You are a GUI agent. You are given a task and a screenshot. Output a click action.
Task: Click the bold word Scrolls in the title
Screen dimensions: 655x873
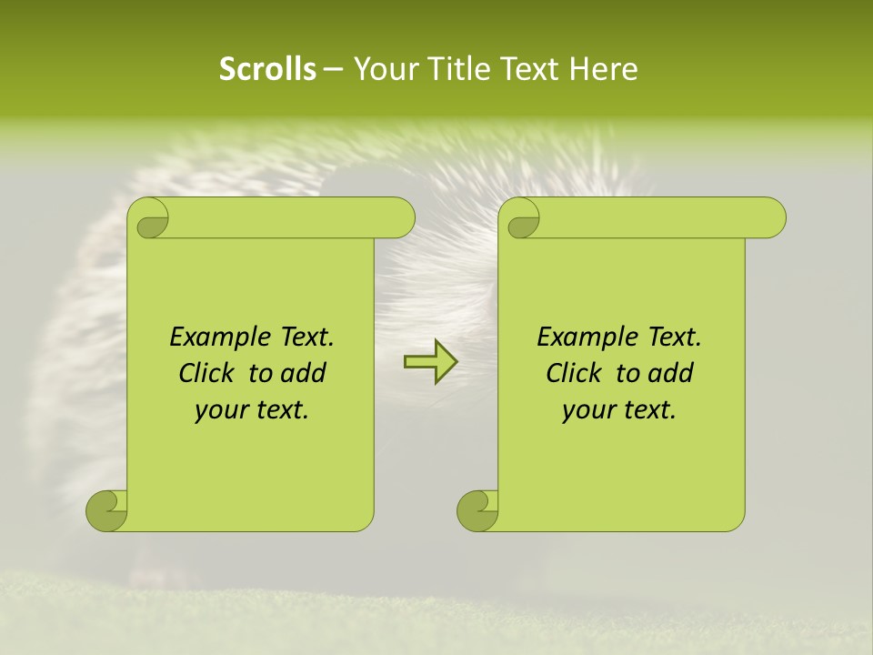tap(267, 68)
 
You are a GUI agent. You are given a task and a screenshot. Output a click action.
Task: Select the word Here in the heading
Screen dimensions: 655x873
tap(603, 68)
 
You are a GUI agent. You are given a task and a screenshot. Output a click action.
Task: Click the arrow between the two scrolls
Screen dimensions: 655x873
tap(430, 362)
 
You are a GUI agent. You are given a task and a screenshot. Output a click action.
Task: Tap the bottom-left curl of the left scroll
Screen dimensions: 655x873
tap(106, 510)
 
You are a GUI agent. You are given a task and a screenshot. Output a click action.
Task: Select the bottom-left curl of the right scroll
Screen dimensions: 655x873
tap(477, 510)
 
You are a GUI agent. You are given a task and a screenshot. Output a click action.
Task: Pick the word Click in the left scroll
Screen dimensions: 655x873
tap(206, 373)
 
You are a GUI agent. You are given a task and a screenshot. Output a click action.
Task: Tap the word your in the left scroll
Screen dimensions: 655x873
tap(220, 410)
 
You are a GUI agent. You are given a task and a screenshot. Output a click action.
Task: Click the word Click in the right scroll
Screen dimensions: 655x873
tap(574, 373)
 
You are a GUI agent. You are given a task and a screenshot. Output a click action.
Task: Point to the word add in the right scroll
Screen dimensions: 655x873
tap(672, 373)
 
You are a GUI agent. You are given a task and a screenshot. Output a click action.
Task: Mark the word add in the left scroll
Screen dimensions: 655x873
tap(305, 373)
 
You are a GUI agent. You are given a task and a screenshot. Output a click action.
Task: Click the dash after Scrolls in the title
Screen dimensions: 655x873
tap(334, 68)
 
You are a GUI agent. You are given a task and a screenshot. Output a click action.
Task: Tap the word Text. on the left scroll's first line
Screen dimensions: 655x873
tap(304, 338)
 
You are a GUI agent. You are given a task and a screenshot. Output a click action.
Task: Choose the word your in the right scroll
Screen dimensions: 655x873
tap(587, 410)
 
